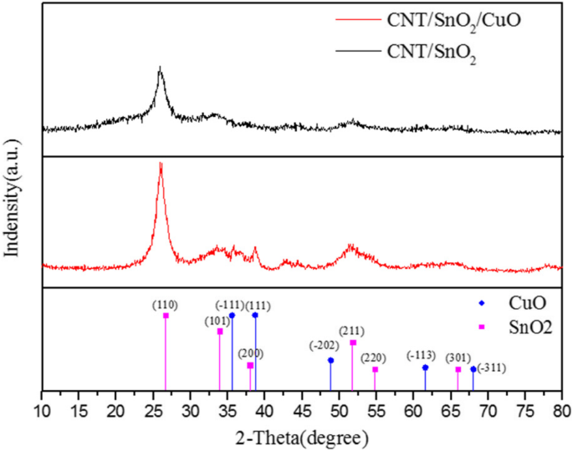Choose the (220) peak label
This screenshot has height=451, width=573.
click(374, 357)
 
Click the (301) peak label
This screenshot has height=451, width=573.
click(457, 358)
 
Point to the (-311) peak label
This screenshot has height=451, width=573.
click(491, 368)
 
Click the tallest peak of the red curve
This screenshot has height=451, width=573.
click(161, 165)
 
